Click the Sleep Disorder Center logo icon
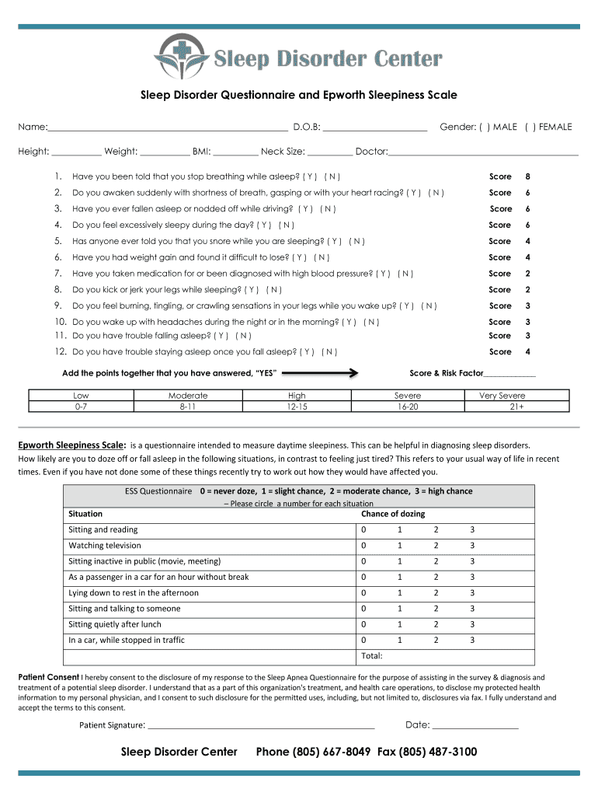pyautogui.click(x=181, y=57)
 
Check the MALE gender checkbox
pyautogui.click(x=484, y=127)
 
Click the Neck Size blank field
pyautogui.click(x=329, y=152)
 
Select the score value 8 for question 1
pyautogui.click(x=527, y=176)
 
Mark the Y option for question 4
pyautogui.click(x=264, y=225)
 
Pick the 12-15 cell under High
pyautogui.click(x=297, y=407)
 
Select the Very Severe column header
pyautogui.click(x=502, y=395)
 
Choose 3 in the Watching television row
pyautogui.click(x=471, y=546)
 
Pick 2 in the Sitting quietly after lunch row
pyautogui.click(x=436, y=624)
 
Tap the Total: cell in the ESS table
pyautogui.click(x=373, y=656)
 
